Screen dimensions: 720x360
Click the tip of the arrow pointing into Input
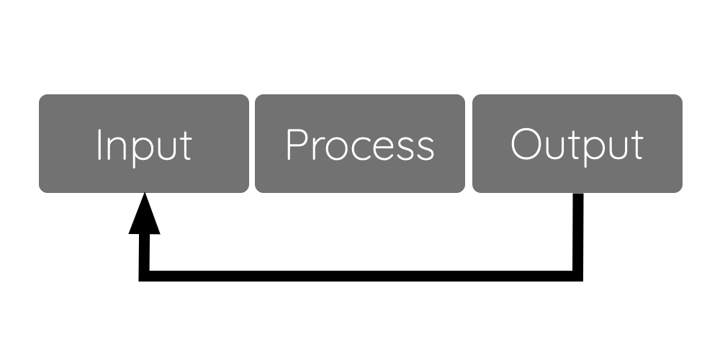(145, 192)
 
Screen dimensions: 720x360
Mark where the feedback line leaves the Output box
(578, 193)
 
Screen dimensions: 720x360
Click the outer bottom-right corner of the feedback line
(582, 281)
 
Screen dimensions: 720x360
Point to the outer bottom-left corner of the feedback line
(139, 281)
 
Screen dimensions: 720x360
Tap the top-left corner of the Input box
(40, 94)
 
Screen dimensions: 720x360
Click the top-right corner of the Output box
(683, 94)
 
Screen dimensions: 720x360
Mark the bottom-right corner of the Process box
(464, 192)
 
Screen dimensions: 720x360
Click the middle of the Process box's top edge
(360, 94)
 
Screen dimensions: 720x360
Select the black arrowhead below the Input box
(145, 213)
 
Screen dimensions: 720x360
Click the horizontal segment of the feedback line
(361, 276)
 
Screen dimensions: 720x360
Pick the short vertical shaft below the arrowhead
(144, 253)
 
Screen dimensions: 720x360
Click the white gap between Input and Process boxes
(252, 143)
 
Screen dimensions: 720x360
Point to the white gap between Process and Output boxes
(469, 143)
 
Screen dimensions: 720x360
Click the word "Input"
(145, 148)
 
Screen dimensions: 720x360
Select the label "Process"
(361, 145)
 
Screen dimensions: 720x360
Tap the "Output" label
(577, 146)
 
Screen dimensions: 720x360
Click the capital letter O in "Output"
(526, 144)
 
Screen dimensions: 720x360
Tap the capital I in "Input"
(99, 145)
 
